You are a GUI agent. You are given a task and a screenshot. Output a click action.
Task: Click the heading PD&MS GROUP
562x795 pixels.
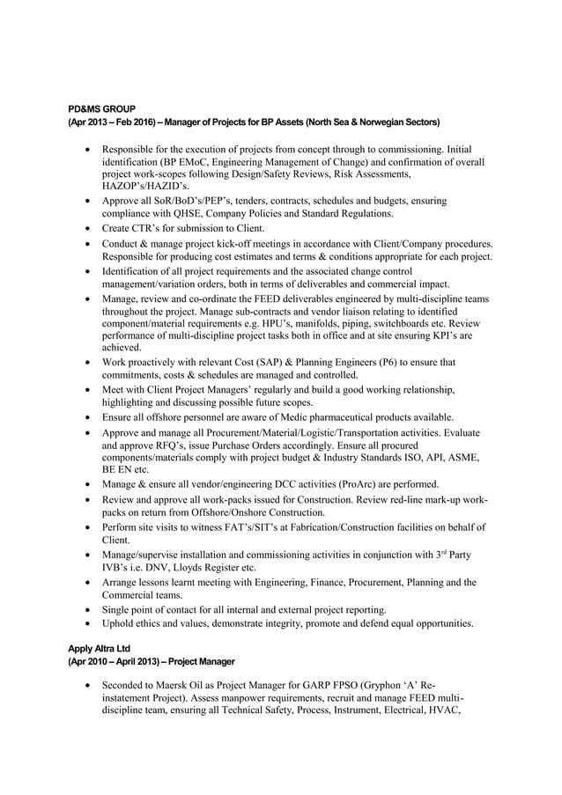pyautogui.click(x=102, y=108)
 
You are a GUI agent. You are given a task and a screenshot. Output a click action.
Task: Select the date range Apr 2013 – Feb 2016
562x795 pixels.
pyautogui.click(x=109, y=121)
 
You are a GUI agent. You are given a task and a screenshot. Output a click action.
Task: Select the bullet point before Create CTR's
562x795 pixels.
pyautogui.click(x=86, y=228)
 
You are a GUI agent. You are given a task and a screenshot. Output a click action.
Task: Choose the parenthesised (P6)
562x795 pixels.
pyautogui.click(x=409, y=362)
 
